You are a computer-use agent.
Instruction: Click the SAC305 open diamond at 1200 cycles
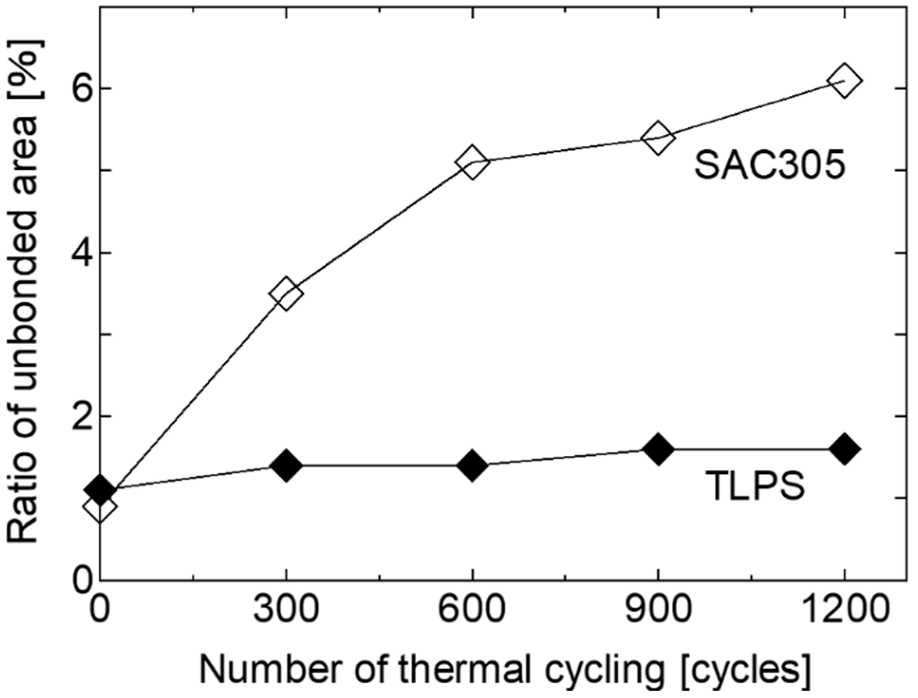click(844, 81)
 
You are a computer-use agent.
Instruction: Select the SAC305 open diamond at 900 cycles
click(658, 138)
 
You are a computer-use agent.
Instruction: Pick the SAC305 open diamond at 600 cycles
click(472, 162)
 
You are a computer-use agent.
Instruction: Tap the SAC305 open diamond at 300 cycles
click(286, 293)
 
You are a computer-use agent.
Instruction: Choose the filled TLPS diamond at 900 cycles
click(658, 449)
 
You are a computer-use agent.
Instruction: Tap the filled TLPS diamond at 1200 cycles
click(844, 449)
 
